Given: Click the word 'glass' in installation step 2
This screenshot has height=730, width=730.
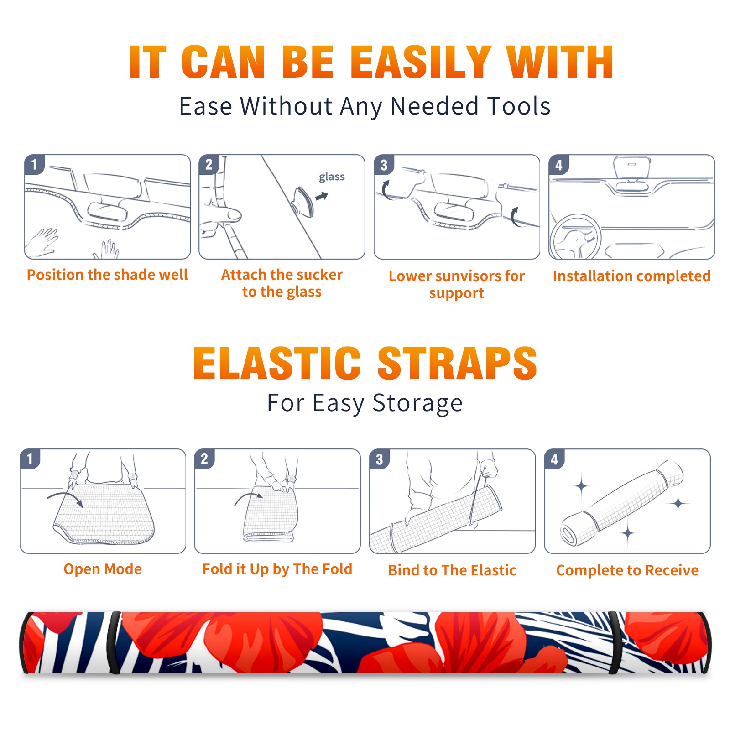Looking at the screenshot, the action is [332, 177].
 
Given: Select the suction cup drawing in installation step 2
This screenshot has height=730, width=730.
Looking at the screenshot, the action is [303, 201].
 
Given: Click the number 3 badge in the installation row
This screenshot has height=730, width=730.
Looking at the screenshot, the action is [384, 165].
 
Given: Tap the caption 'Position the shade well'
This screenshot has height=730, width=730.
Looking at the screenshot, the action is [107, 275].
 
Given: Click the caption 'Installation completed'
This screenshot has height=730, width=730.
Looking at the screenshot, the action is [631, 276].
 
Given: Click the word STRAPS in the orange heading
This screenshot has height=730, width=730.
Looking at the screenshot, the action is [457, 363].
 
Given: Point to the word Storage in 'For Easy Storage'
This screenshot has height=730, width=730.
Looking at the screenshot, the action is [417, 404].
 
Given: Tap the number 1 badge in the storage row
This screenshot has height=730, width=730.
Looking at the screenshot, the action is [30, 459].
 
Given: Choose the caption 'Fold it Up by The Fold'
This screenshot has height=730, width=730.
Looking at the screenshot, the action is [277, 569].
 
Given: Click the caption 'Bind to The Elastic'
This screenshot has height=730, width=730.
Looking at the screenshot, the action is [452, 570].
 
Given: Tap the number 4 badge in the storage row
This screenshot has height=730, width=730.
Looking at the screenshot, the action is [554, 459].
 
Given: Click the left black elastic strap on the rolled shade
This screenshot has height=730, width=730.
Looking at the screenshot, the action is [114, 642].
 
